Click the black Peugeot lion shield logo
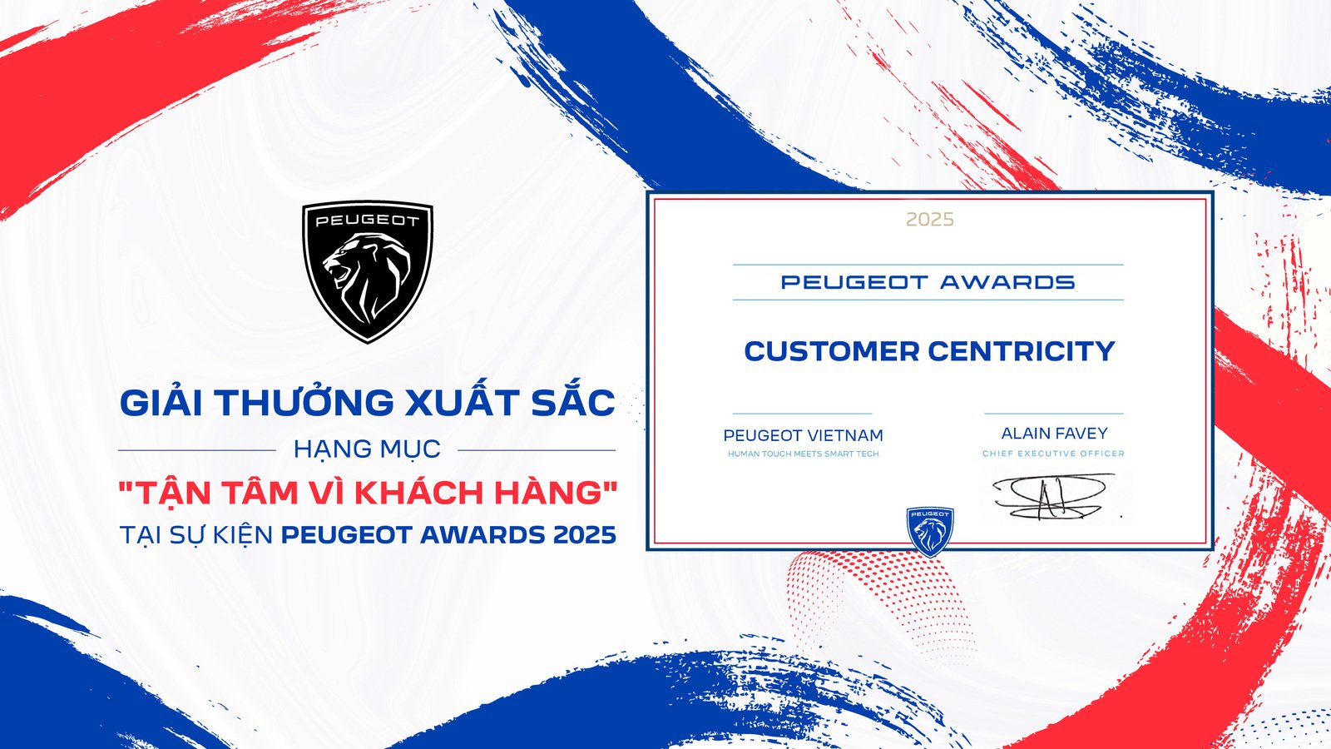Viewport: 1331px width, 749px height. (367, 271)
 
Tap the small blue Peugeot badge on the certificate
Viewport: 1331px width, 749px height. (929, 531)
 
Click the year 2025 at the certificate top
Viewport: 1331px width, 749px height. (929, 220)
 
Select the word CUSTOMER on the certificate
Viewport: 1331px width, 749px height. (832, 351)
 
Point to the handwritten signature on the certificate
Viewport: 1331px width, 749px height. (1052, 496)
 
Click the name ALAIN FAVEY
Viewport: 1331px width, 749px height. (1054, 434)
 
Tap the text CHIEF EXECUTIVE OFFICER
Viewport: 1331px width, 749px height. (1053, 454)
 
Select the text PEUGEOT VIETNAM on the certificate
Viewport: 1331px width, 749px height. (803, 435)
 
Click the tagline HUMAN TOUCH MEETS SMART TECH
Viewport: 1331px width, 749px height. (803, 454)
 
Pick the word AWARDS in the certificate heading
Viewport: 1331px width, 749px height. (1007, 283)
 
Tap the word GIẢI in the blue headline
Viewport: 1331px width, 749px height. (163, 403)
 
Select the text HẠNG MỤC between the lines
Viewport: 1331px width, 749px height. (367, 449)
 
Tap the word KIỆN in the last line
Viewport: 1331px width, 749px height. (240, 534)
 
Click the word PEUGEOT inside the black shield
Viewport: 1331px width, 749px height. (367, 221)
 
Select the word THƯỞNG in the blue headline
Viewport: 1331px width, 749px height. (305, 403)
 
